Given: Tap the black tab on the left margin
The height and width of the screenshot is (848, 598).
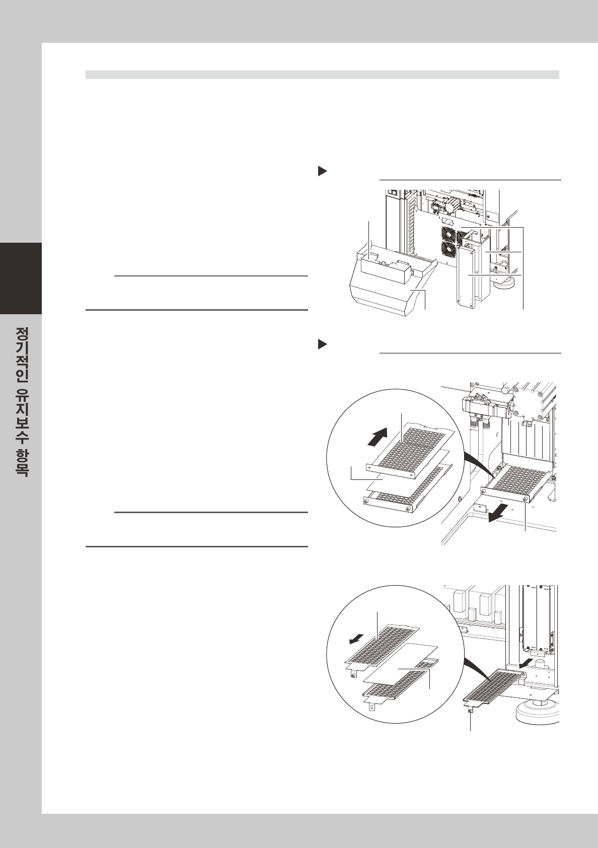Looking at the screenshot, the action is click(x=21, y=278).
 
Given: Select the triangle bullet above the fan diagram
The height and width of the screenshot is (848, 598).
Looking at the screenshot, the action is click(x=322, y=172).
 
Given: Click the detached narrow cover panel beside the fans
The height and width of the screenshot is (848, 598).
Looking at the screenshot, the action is click(x=466, y=277).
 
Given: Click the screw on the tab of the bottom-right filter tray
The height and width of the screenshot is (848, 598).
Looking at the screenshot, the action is click(x=470, y=711).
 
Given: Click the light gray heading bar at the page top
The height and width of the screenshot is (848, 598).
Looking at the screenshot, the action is click(x=322, y=75).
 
